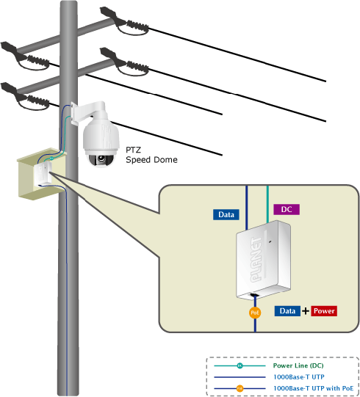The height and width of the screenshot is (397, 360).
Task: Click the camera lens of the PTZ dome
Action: [101, 159]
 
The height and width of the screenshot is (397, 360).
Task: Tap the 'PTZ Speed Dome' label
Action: [151, 155]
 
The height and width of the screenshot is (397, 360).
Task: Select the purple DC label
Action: [287, 209]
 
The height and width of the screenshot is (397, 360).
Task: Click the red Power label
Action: [324, 311]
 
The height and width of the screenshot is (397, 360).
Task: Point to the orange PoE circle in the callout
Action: [255, 313]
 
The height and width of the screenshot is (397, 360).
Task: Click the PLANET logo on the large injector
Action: [256, 259]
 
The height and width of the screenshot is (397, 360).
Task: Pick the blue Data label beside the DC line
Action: [226, 215]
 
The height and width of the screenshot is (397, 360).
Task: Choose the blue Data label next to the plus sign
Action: [287, 311]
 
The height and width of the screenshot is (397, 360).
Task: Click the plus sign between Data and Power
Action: [306, 311]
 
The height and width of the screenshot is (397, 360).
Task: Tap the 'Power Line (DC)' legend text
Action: [298, 365]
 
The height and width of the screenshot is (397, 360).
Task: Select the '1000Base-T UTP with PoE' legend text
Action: [314, 388]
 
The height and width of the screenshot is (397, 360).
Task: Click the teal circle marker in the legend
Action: [240, 365]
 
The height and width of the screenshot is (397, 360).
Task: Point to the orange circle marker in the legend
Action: [240, 388]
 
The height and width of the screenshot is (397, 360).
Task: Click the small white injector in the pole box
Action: [43, 174]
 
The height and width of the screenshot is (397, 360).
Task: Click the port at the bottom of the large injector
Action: [254, 295]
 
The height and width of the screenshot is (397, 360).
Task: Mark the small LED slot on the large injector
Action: [270, 241]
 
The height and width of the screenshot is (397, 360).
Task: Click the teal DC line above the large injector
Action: [267, 204]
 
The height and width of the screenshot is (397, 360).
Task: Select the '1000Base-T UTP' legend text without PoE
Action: [298, 377]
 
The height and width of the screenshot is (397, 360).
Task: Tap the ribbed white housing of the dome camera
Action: [101, 136]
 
